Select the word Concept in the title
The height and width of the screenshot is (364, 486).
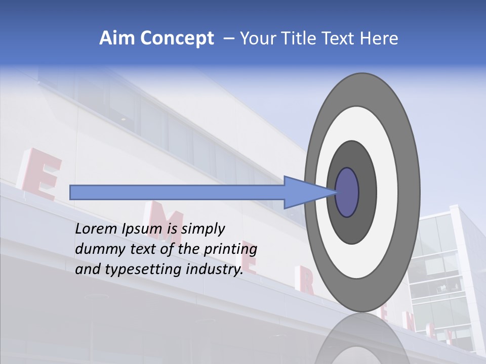(x=177, y=39)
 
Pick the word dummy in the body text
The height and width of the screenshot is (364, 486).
(x=96, y=249)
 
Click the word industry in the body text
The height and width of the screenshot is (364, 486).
(x=215, y=269)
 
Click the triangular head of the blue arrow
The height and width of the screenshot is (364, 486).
(x=309, y=192)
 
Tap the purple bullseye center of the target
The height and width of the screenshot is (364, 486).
(x=347, y=192)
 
